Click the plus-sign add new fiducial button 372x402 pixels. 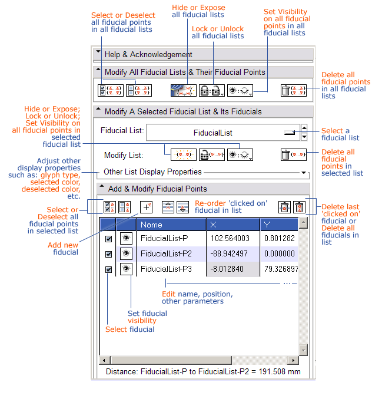tap(146, 207)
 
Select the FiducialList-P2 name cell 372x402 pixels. tap(166, 254)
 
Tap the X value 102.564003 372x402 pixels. tap(230, 239)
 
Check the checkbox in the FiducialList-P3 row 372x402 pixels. tap(108, 269)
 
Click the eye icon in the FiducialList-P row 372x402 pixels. tap(126, 238)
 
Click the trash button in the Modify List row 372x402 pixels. tap(293, 155)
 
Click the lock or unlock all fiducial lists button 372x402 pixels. tap(212, 91)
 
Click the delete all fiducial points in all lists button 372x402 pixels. tap(293, 91)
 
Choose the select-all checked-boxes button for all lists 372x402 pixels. tap(111, 91)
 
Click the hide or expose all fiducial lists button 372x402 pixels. tap(184, 91)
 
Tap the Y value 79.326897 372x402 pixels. tap(281, 269)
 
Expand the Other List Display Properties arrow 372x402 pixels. tap(304, 173)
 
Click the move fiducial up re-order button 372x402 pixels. tap(168, 207)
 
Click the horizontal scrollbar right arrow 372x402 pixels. tap(293, 360)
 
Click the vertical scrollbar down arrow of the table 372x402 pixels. tap(303, 350)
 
